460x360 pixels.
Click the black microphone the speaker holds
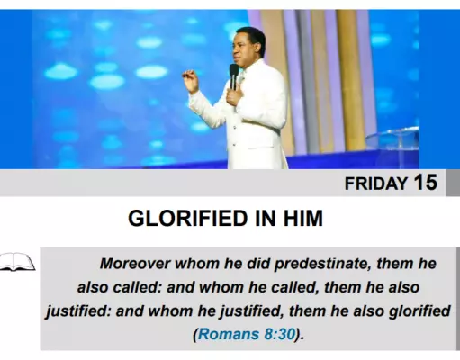(233, 76)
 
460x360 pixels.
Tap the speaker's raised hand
(191, 80)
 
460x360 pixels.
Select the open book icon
(17, 262)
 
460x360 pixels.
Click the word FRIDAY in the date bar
(376, 184)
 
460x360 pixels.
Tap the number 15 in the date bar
(426, 182)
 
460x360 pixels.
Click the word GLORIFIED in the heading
(188, 218)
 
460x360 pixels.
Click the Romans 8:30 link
(247, 334)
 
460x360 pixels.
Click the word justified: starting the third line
(78, 311)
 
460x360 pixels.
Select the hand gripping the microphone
(234, 96)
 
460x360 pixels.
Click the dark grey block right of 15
(453, 183)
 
